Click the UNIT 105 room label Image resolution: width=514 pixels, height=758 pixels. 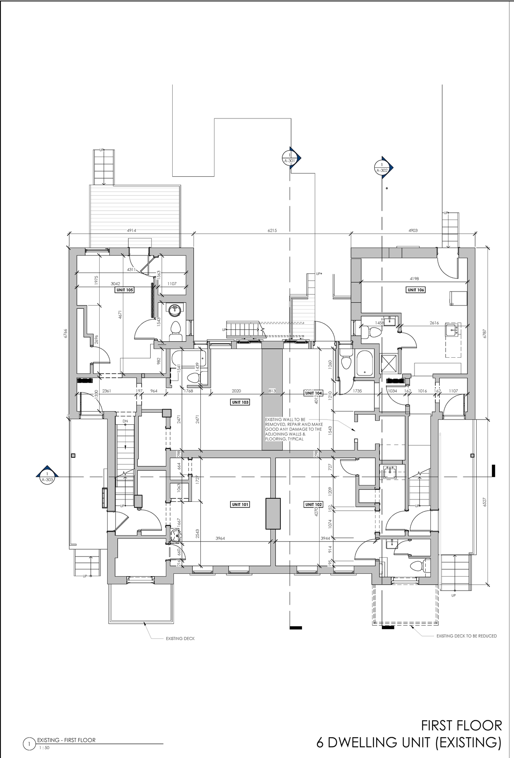click(124, 289)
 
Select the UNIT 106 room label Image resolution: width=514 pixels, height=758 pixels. click(416, 289)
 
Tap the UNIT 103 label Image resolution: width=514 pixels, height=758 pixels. click(240, 402)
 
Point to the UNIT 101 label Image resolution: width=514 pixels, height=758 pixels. click(240, 504)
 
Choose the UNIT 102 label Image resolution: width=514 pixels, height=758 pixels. click(313, 504)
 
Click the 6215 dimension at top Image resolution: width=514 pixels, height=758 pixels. click(272, 230)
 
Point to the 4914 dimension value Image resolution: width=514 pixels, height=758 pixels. click(131, 230)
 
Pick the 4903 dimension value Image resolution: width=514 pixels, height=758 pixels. click(413, 230)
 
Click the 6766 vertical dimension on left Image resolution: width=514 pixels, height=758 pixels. click(65, 334)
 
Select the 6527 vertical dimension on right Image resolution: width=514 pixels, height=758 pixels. click(485, 502)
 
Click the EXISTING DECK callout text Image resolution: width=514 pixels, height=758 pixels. click(180, 638)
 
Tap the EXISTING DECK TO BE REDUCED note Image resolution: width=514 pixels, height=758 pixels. click(467, 636)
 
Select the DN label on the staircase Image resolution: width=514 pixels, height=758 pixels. click(125, 421)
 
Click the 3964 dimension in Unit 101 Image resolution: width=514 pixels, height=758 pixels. click(220, 538)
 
